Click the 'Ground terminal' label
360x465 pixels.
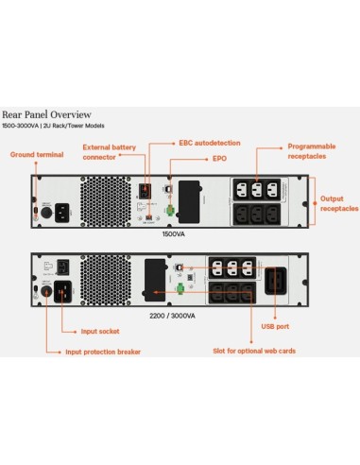click(x=36, y=153)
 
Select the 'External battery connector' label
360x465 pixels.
click(x=109, y=151)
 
